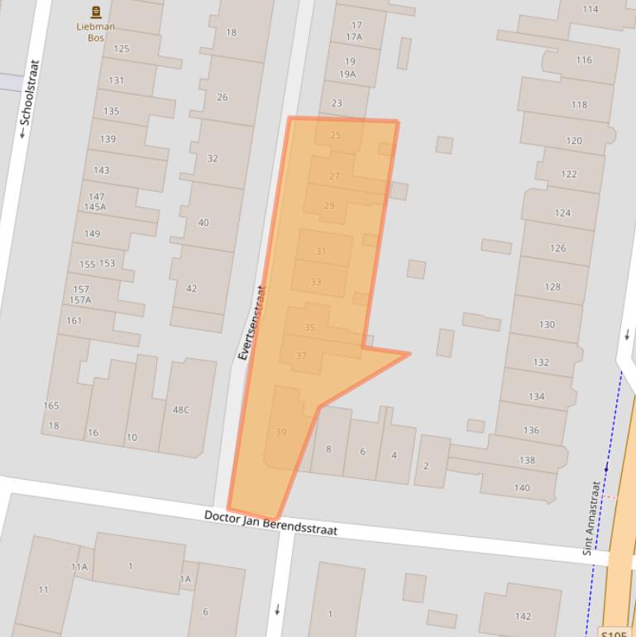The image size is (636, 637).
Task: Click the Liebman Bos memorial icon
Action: pyautogui.click(x=96, y=12)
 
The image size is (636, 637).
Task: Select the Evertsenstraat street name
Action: pyautogui.click(x=252, y=323)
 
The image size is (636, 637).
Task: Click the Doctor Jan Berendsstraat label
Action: pyautogui.click(x=270, y=523)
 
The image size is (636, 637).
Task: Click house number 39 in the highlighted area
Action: pyautogui.click(x=281, y=432)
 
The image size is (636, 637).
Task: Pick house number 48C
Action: pyautogui.click(x=181, y=409)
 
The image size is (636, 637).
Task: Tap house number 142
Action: pyautogui.click(x=523, y=615)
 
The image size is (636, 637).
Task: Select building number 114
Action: pyautogui.click(x=590, y=9)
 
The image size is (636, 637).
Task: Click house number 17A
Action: pyautogui.click(x=354, y=36)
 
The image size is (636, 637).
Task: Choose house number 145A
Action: pyautogui.click(x=95, y=207)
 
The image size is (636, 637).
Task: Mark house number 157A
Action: pyautogui.click(x=80, y=300)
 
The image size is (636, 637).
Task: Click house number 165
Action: pyautogui.click(x=51, y=405)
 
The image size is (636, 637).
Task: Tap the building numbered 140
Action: pyautogui.click(x=521, y=487)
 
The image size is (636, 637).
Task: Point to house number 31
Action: pyautogui.click(x=321, y=251)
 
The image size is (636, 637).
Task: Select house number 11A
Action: pyautogui.click(x=79, y=567)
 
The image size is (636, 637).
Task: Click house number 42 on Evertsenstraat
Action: pyautogui.click(x=191, y=289)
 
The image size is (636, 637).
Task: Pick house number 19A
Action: pyautogui.click(x=348, y=74)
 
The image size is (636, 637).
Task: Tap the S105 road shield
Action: pyautogui.click(x=614, y=633)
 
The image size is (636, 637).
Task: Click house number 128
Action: pyautogui.click(x=552, y=287)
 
